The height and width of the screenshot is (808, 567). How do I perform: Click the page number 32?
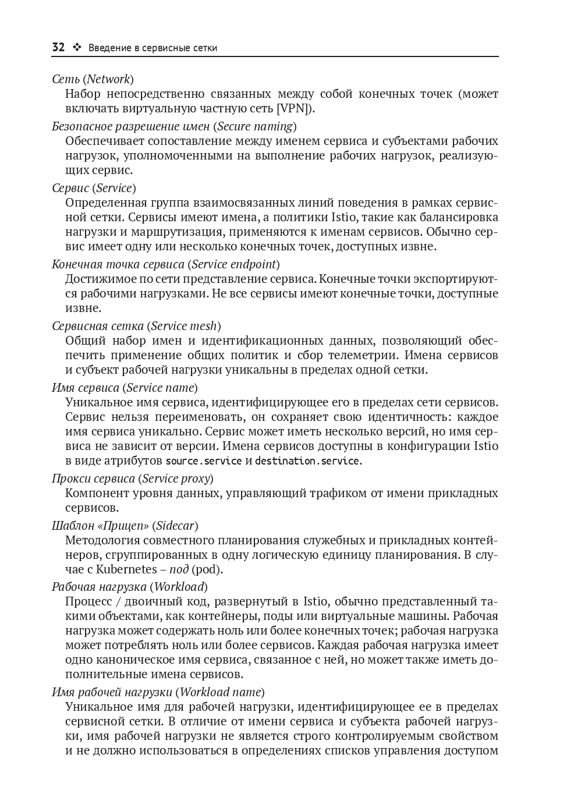point(58,48)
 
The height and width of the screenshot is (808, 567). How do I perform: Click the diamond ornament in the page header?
point(76,48)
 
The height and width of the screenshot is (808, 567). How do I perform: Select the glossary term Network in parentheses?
point(108,79)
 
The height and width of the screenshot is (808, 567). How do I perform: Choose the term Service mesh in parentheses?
point(183,326)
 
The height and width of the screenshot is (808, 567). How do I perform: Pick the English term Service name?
point(160,388)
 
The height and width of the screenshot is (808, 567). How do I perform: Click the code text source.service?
point(204,461)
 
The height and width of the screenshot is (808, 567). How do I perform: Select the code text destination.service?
point(307,461)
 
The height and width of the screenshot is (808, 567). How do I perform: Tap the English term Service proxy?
point(175,479)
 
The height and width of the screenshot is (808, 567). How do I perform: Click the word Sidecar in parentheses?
point(175,526)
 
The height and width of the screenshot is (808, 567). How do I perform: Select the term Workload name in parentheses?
point(219,692)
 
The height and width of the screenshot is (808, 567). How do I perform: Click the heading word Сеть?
point(66,79)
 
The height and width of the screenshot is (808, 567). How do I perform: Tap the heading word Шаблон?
point(73,526)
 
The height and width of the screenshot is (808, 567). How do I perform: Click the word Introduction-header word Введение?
point(110,48)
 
